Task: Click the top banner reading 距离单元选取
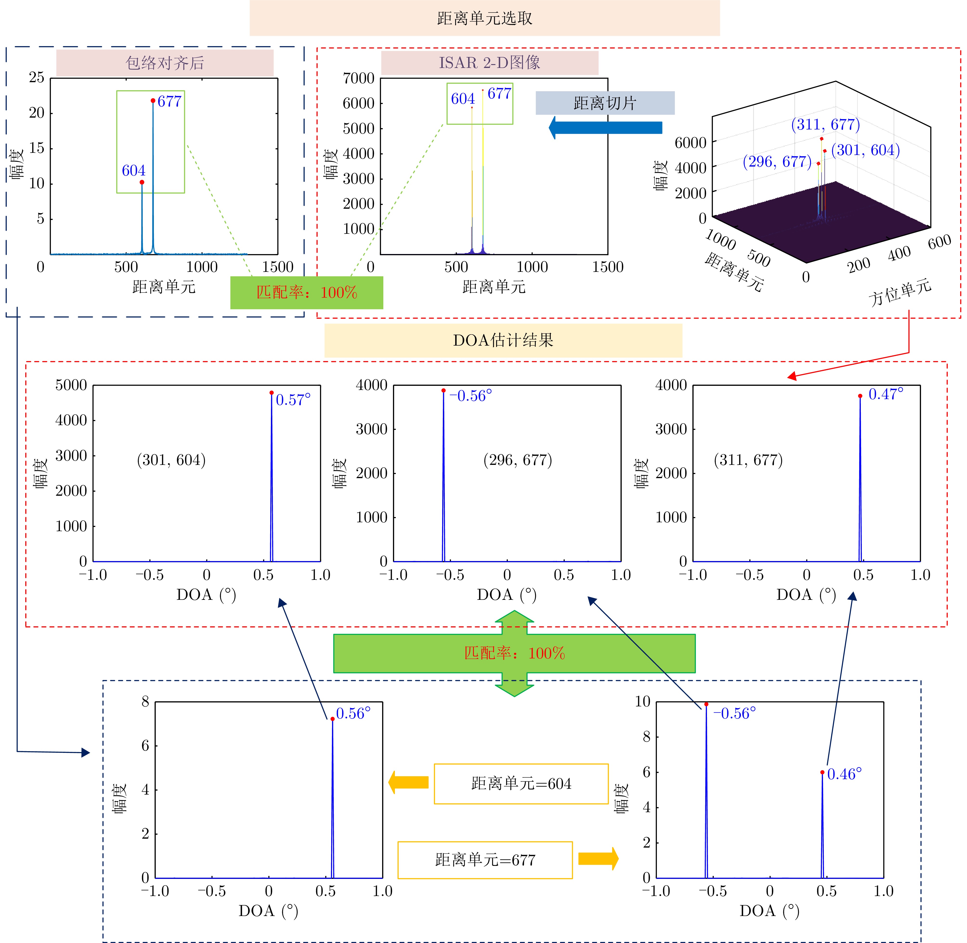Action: [x=484, y=18]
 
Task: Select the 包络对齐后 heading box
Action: [x=165, y=63]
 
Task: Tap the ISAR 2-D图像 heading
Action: [x=490, y=62]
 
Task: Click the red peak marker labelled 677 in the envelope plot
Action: [x=153, y=100]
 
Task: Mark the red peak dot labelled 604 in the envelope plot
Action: [x=142, y=182]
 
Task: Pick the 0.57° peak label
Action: [x=293, y=400]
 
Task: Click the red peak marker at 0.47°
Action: [x=860, y=396]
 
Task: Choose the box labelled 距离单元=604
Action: [x=521, y=783]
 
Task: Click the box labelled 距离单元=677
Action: [x=485, y=860]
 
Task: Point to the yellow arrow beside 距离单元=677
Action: [x=598, y=858]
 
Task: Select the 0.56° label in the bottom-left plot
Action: [x=353, y=713]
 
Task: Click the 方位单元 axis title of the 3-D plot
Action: [x=900, y=292]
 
